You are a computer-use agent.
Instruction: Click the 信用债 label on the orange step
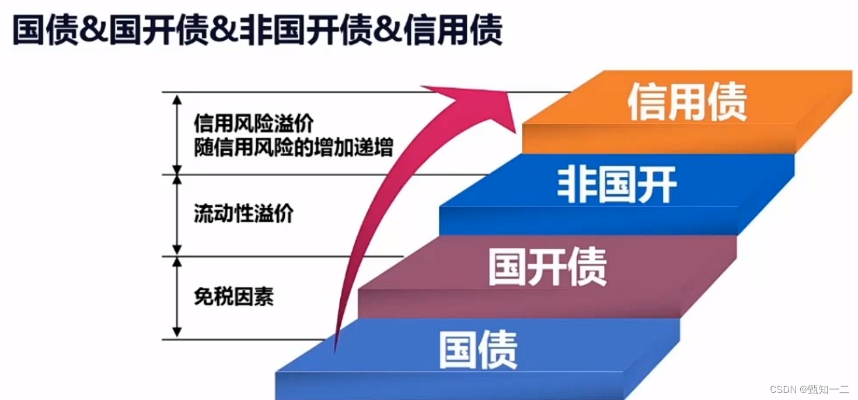[x=687, y=102]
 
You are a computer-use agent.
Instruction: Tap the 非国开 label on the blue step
[x=617, y=185]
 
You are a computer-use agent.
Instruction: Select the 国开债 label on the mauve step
[x=547, y=267]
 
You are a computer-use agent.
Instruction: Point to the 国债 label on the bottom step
[x=478, y=350]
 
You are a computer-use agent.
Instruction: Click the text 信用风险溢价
[x=254, y=123]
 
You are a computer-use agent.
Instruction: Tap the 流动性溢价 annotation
[x=243, y=215]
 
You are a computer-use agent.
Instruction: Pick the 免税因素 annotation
[x=233, y=297]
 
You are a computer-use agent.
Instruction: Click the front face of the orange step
[x=658, y=139]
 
